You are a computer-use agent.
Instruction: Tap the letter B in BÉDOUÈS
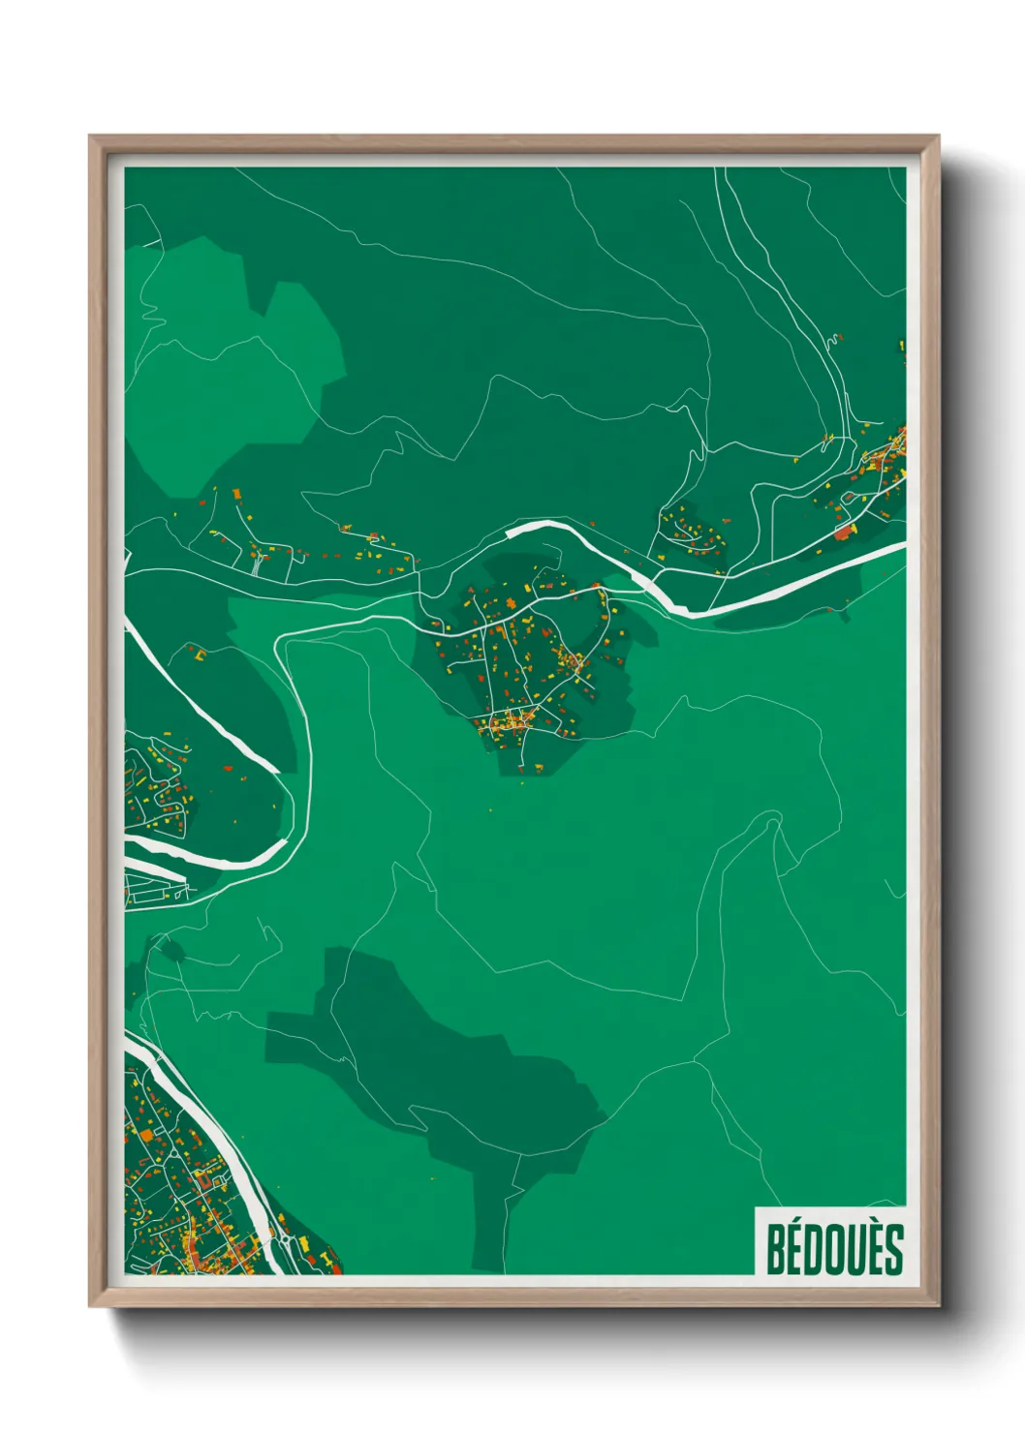pos(775,1250)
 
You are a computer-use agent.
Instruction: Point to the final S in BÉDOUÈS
pos(893,1250)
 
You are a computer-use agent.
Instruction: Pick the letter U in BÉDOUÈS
pos(859,1250)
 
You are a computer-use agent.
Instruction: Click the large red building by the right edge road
pos(844,532)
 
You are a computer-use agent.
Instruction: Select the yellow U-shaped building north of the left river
pos(201,656)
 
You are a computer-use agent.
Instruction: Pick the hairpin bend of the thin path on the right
pos(772,824)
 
